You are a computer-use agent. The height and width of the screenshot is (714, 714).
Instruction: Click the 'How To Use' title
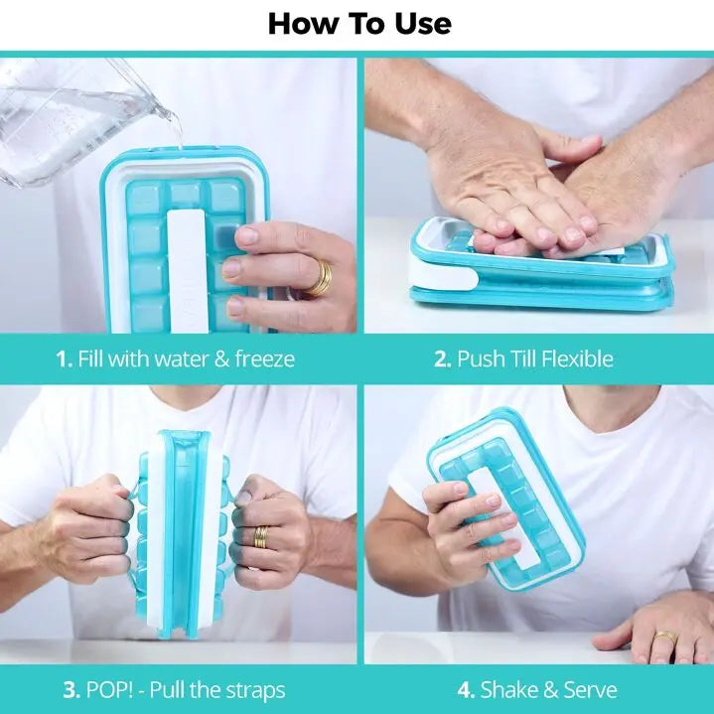pyautogui.click(x=359, y=24)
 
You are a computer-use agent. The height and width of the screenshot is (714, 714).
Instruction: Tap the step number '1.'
pyautogui.click(x=65, y=358)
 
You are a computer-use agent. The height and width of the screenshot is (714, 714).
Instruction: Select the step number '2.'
pyautogui.click(x=443, y=358)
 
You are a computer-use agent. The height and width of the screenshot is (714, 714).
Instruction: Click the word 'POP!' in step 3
pyautogui.click(x=110, y=690)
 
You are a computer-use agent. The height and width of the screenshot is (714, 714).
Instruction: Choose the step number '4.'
pyautogui.click(x=467, y=690)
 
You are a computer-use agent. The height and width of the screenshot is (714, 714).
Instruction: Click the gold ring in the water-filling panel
pyautogui.click(x=320, y=278)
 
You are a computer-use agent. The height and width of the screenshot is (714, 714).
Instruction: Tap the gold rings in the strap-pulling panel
pyautogui.click(x=261, y=538)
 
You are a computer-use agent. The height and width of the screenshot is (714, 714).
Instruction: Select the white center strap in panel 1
pyautogui.click(x=188, y=270)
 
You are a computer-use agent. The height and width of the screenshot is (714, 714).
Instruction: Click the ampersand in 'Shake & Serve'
pyautogui.click(x=549, y=690)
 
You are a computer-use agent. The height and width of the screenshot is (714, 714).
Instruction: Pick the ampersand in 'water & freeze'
pyautogui.click(x=220, y=358)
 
